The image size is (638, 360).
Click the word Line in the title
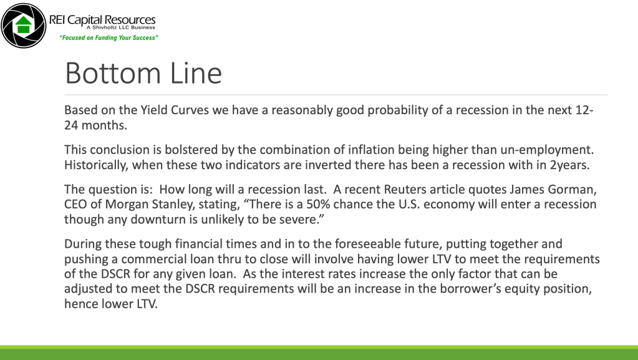tap(196, 73)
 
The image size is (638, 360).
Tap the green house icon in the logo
tap(24, 25)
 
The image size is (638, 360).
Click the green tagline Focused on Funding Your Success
tap(109, 38)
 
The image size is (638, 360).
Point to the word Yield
tap(154, 110)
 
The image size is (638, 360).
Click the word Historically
tap(97, 165)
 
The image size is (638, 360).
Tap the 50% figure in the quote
tap(318, 204)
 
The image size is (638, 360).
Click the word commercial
tap(154, 259)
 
